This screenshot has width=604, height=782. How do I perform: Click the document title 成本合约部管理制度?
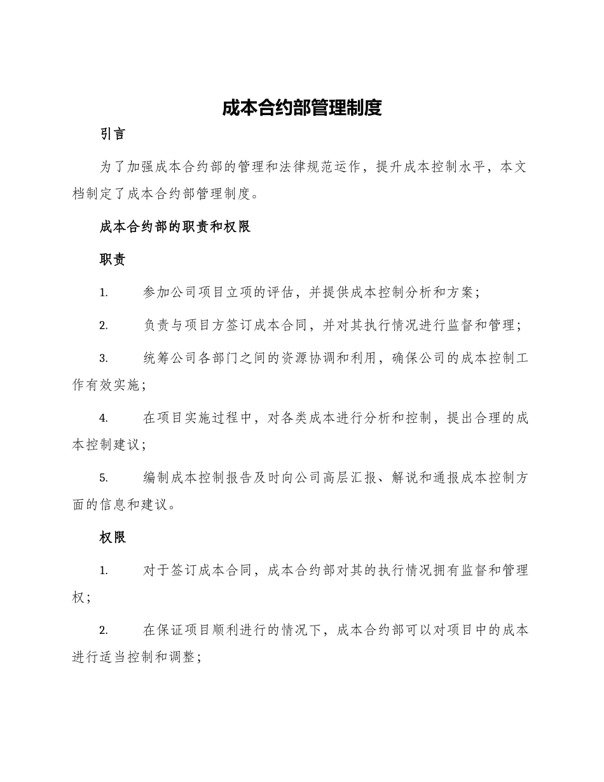[302, 108]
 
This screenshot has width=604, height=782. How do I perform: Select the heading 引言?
[113, 134]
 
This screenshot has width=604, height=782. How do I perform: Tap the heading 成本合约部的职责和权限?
[175, 227]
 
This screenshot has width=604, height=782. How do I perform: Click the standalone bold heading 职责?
[113, 259]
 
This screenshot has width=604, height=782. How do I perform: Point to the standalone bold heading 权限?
[113, 537]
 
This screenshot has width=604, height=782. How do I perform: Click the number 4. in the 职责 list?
[103, 418]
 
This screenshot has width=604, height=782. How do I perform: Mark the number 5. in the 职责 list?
[103, 478]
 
